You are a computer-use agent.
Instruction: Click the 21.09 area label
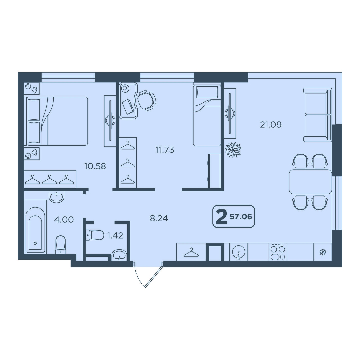tap(271, 125)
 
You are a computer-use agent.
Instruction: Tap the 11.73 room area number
tap(165, 150)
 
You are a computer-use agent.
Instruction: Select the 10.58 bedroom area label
tap(95, 166)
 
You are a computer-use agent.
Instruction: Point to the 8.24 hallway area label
tap(159, 218)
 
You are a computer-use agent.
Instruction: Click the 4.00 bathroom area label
tap(64, 219)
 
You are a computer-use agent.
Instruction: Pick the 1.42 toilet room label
tap(115, 235)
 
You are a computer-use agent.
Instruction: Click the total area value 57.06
tap(241, 217)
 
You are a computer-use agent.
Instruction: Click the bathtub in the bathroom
tap(35, 226)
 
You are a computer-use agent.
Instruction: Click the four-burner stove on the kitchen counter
tap(278, 252)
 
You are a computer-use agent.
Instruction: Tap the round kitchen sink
tap(238, 252)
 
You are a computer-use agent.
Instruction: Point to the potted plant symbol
tap(233, 150)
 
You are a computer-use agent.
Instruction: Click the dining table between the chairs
tap(310, 182)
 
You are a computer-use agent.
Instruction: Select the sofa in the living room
tap(318, 115)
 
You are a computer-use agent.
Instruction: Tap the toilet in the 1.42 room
tap(95, 235)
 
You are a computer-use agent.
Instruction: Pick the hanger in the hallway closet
tap(191, 253)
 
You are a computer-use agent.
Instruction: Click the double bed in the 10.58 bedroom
tap(57, 121)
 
